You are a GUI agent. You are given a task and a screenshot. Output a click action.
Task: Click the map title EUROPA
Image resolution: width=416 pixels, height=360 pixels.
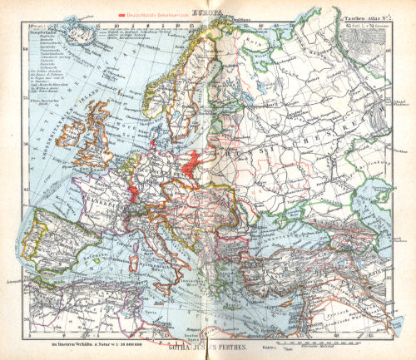(207, 13)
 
